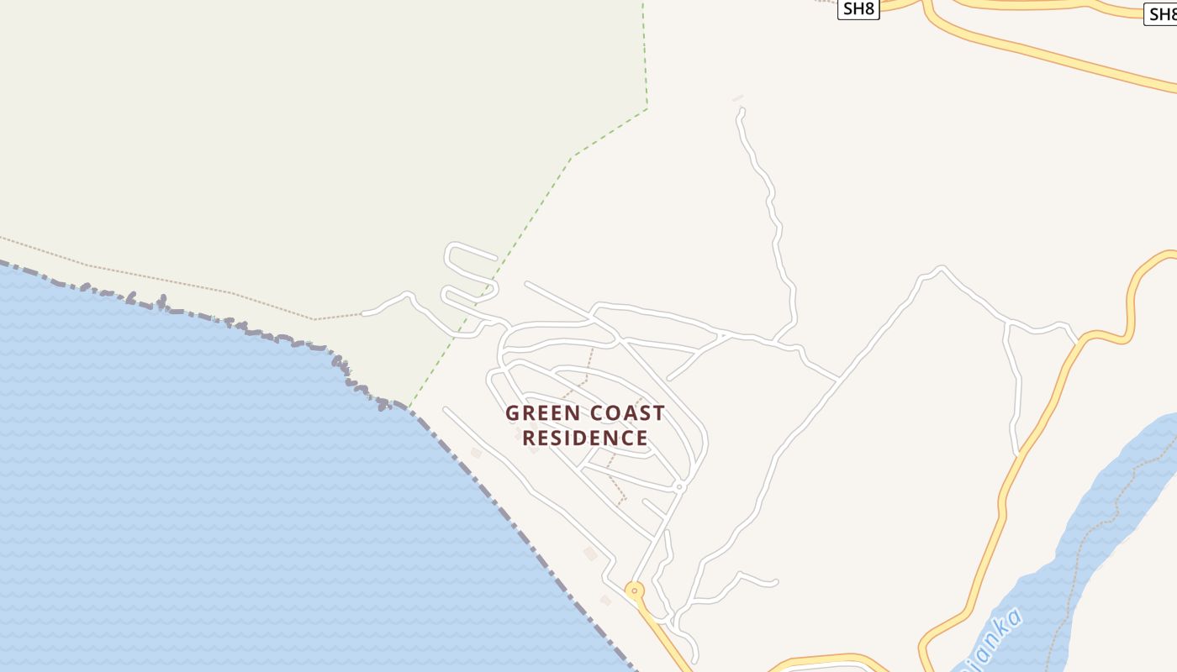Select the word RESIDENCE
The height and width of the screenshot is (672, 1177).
(x=585, y=438)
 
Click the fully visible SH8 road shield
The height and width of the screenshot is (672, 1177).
(x=858, y=9)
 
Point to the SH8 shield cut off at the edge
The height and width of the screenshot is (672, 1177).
(x=1163, y=13)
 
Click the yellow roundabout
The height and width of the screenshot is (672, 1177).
(x=635, y=590)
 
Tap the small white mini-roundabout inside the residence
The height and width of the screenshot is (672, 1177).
(x=679, y=486)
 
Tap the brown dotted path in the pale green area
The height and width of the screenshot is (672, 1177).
(x=168, y=281)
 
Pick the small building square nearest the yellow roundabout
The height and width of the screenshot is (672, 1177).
(x=605, y=600)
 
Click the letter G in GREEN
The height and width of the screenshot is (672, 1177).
(x=512, y=413)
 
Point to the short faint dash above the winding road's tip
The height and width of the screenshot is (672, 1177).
(x=737, y=98)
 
